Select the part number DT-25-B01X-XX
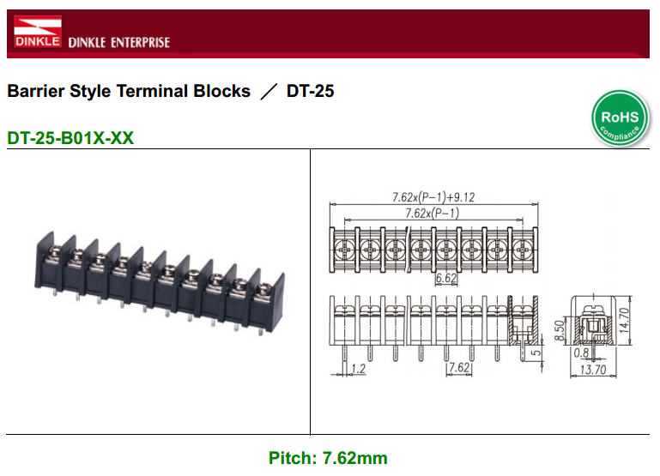70,137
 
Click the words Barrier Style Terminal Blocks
129,91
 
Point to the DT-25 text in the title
310,91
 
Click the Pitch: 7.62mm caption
328,458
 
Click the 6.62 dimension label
445,279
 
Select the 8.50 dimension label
559,329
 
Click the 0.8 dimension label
581,351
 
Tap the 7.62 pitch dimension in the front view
459,369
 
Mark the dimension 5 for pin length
535,352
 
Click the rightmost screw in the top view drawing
522,250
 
